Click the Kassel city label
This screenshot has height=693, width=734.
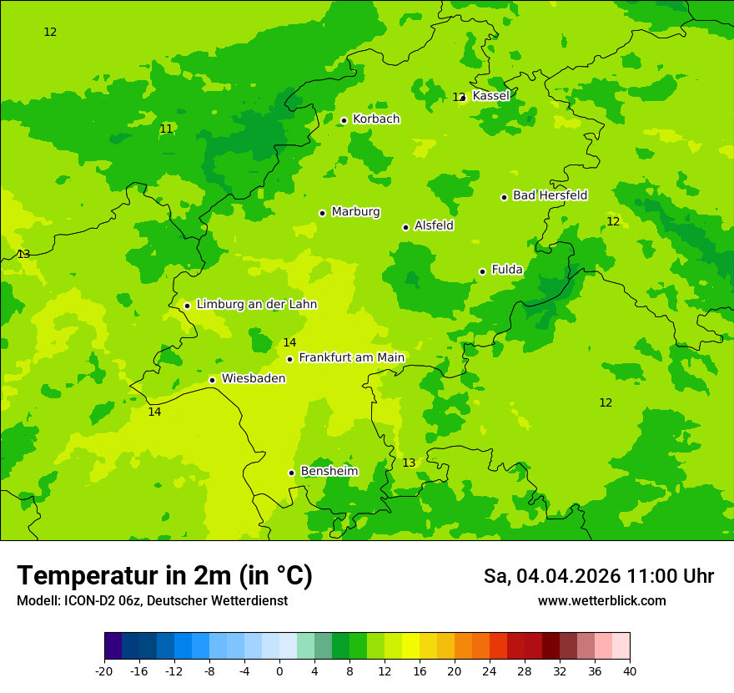[490, 96]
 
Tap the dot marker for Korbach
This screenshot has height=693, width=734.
[344, 120]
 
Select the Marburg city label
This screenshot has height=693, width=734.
[355, 212]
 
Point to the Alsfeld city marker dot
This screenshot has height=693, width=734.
[405, 227]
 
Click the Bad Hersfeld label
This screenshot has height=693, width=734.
[550, 195]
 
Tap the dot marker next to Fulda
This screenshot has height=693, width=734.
[482, 271]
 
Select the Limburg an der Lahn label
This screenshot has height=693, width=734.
[256, 305]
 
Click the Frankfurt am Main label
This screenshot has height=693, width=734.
[351, 358]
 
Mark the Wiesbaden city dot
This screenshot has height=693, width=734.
[212, 380]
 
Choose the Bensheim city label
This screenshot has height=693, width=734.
[329, 472]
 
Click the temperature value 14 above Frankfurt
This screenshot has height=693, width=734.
[289, 343]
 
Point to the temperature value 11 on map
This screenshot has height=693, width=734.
[167, 129]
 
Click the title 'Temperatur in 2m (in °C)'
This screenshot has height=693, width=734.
[164, 576]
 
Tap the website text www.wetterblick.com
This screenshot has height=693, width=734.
[601, 601]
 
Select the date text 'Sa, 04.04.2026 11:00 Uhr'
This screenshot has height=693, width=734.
[598, 576]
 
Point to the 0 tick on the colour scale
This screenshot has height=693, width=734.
[279, 671]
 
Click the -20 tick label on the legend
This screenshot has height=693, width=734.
[103, 671]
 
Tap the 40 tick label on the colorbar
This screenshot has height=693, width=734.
[630, 671]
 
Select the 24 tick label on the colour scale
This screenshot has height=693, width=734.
[490, 671]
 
